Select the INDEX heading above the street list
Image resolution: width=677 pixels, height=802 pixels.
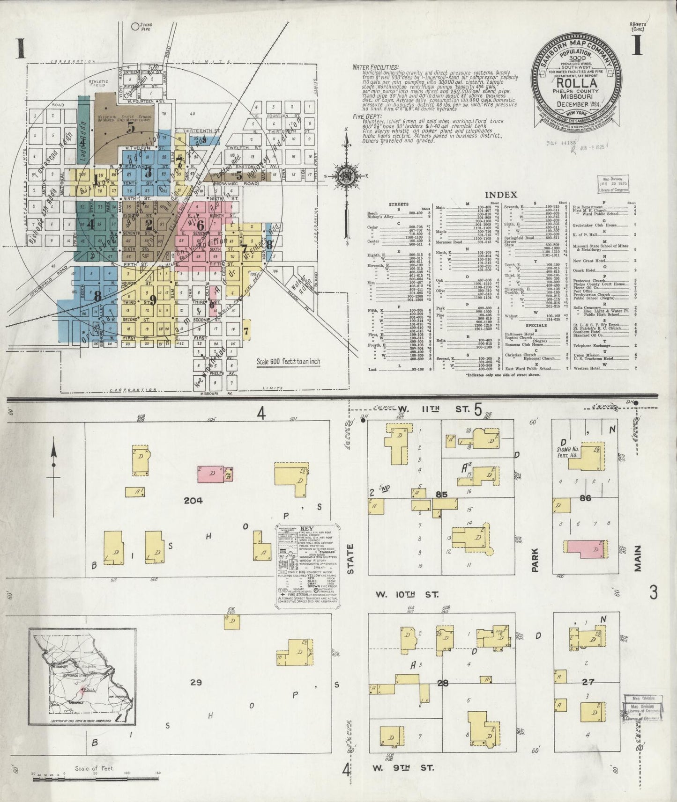(x=501, y=195)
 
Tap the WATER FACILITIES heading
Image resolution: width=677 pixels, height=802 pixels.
(x=376, y=67)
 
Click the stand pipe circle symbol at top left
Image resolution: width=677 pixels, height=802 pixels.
(x=136, y=27)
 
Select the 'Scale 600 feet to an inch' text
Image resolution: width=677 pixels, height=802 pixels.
(x=288, y=362)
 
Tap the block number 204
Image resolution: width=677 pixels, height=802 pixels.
(x=193, y=500)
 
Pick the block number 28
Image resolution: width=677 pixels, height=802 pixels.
(x=443, y=683)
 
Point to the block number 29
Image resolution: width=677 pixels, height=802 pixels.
(x=196, y=682)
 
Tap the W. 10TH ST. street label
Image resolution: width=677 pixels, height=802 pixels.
(x=407, y=595)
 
